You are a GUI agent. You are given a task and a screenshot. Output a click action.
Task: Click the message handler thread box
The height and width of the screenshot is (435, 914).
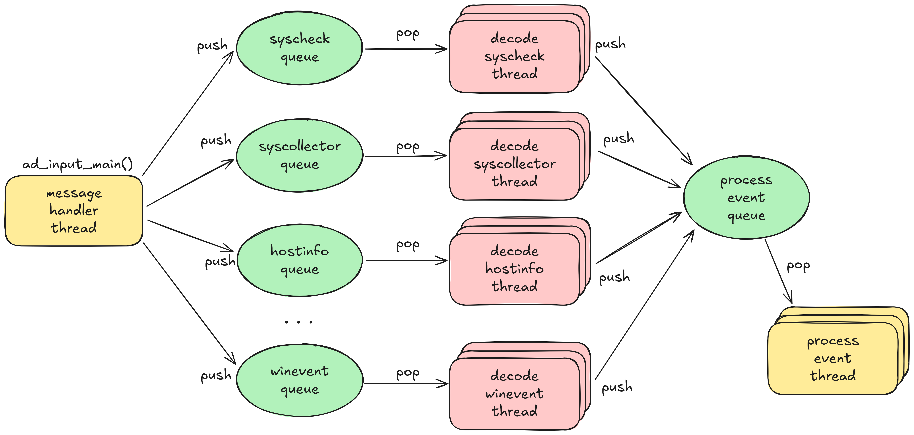pyautogui.click(x=74, y=211)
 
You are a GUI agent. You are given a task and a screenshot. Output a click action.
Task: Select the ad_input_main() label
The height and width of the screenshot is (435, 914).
pyautogui.click(x=77, y=164)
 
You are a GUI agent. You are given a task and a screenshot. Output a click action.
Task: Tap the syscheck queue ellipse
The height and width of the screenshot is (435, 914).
pyautogui.click(x=300, y=49)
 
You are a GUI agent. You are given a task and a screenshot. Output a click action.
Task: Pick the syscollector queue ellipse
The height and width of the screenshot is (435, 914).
pyautogui.click(x=300, y=156)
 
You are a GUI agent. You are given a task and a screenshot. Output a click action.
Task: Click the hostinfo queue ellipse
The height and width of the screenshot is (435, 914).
pyautogui.click(x=300, y=260)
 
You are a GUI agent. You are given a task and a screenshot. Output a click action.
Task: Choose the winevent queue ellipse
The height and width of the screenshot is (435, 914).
pyautogui.click(x=300, y=380)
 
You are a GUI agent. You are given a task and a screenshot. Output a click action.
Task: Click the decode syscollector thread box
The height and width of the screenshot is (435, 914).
pyautogui.click(x=514, y=164)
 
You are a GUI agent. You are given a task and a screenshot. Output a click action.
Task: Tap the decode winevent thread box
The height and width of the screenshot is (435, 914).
pyautogui.click(x=514, y=393)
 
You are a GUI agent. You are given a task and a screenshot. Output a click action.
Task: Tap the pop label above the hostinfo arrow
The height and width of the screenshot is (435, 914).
pyautogui.click(x=408, y=245)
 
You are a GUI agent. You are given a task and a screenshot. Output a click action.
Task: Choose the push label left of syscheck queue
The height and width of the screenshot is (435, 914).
pyautogui.click(x=212, y=45)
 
